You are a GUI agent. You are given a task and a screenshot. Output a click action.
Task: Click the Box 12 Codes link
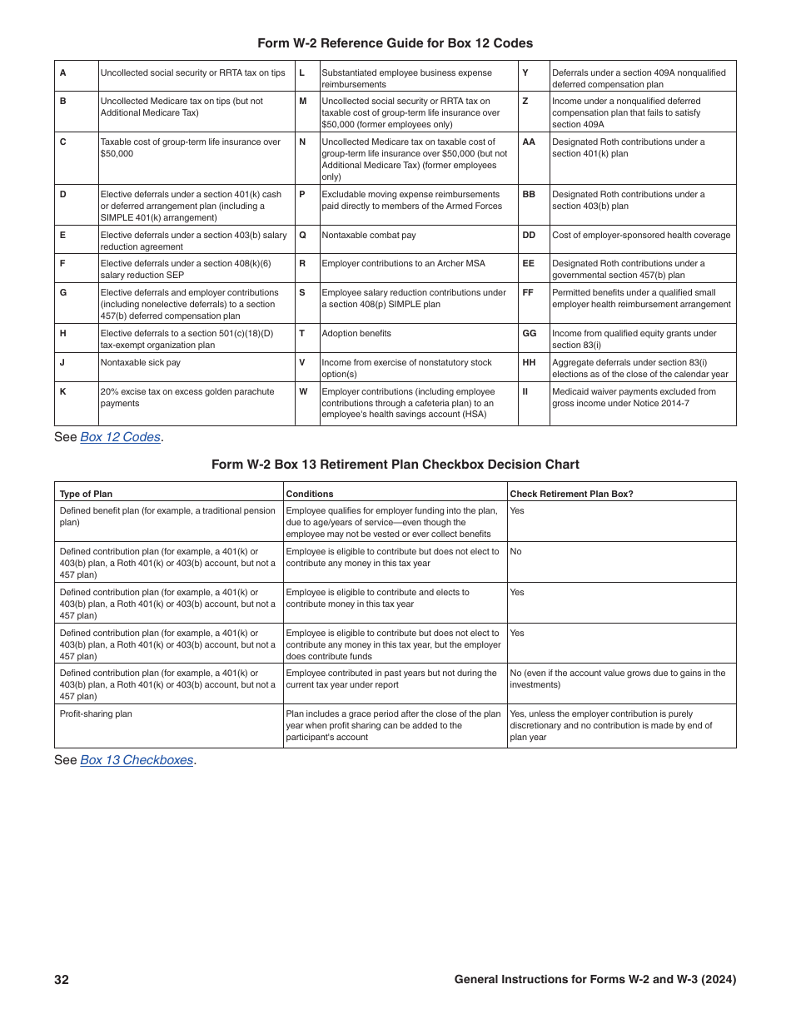click(x=120, y=437)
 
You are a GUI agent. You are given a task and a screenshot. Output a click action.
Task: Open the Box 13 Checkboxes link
click(x=137, y=760)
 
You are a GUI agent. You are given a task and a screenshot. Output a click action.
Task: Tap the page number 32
click(x=62, y=980)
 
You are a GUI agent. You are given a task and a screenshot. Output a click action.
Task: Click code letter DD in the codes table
click(x=529, y=236)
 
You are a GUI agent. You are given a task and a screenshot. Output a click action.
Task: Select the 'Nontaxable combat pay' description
click(x=368, y=236)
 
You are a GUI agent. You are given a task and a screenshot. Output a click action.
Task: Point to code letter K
click(x=63, y=392)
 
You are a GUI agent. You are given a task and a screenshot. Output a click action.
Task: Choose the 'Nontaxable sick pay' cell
click(x=140, y=363)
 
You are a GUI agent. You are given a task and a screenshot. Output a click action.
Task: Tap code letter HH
click(x=529, y=363)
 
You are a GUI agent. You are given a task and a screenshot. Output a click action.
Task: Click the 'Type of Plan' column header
click(x=86, y=494)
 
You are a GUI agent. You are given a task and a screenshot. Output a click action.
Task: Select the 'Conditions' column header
click(x=310, y=494)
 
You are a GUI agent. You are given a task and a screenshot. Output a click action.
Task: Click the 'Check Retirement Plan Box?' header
click(x=571, y=494)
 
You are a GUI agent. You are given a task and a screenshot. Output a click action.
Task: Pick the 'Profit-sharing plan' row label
click(x=96, y=714)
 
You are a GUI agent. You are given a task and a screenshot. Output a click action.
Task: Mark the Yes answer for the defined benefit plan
click(x=517, y=511)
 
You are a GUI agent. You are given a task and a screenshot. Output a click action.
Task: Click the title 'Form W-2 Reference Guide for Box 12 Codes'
click(x=395, y=43)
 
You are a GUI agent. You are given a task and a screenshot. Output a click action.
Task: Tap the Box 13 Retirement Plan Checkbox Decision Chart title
click(x=395, y=465)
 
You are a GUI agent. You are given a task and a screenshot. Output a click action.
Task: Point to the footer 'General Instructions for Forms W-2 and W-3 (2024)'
click(x=594, y=980)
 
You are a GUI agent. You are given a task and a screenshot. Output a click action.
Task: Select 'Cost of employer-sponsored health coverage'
click(x=641, y=236)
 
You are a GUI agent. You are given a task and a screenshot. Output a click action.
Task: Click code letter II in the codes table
click(x=525, y=392)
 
